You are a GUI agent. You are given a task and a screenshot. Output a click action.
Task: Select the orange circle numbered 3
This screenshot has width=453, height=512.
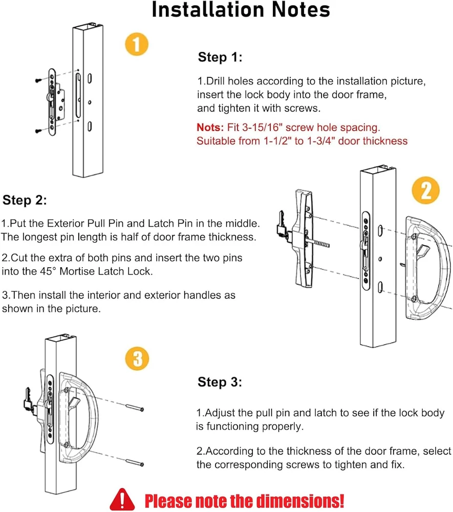(137, 358)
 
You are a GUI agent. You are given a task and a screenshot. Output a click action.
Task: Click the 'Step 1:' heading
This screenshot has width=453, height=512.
(220, 57)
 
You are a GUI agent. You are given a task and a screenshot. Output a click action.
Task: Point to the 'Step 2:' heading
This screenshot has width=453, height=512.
(25, 200)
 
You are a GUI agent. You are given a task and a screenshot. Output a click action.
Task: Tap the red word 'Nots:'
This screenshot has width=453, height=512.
(210, 127)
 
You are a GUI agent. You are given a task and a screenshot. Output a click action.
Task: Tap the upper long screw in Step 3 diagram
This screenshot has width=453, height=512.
(134, 408)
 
